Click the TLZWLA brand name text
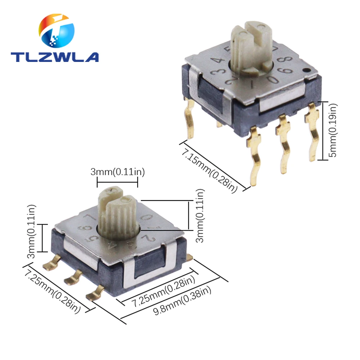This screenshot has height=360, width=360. (54, 57)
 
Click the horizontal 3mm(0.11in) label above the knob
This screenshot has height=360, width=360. (117, 172)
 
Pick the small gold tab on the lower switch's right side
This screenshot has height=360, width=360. (190, 257)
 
